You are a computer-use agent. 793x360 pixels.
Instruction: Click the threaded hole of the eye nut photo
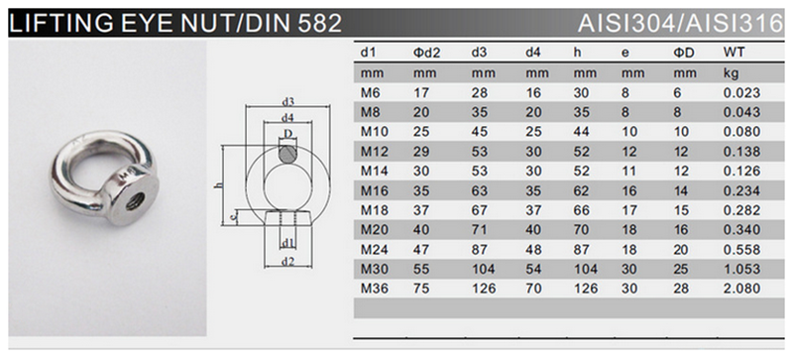[x=135, y=201]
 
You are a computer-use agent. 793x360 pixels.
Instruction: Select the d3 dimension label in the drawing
[x=287, y=102]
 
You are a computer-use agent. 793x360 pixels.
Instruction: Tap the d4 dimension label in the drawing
[x=287, y=117]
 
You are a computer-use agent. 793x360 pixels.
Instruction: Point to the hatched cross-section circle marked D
[x=288, y=154]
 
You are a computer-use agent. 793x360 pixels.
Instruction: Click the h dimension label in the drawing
[x=218, y=184]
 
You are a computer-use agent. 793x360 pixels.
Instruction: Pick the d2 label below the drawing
[x=287, y=261]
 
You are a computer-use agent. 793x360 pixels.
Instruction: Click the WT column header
[x=735, y=53]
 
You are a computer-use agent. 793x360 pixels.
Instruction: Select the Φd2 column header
[x=427, y=53]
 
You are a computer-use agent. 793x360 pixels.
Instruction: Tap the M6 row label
[x=370, y=92]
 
